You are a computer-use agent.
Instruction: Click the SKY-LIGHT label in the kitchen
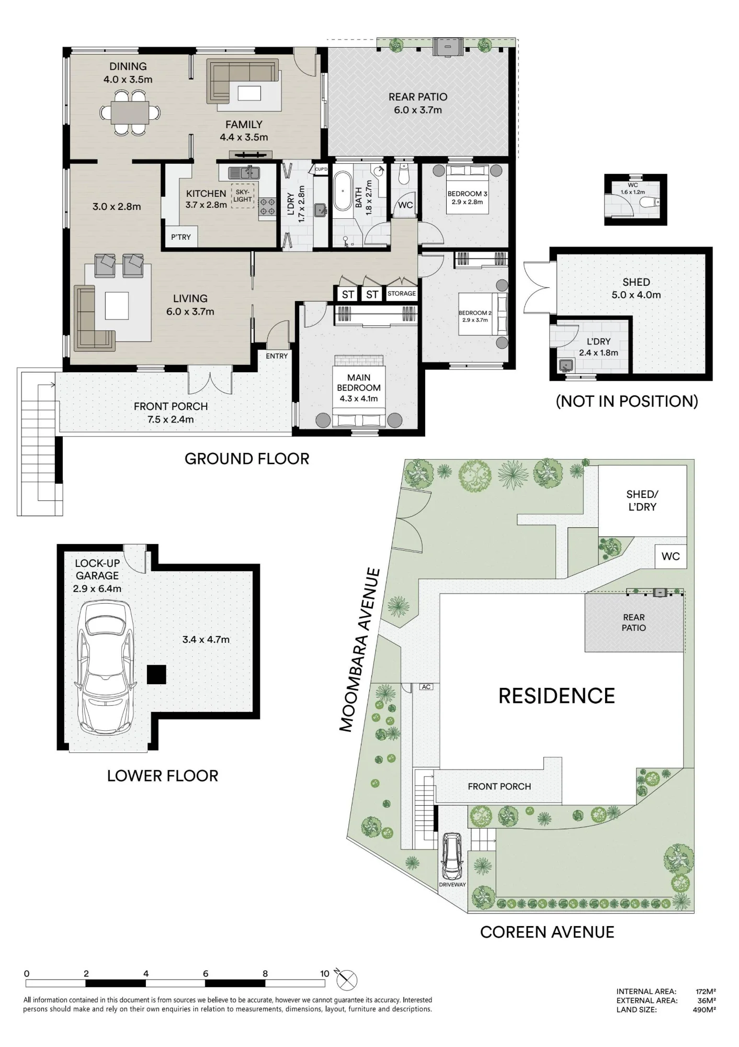[243, 196]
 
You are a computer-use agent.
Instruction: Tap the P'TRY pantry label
[181, 237]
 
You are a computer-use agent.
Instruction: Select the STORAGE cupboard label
[402, 294]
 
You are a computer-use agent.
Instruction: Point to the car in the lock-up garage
[105, 668]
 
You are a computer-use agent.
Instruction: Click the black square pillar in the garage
[156, 674]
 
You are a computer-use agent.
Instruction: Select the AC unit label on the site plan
[426, 686]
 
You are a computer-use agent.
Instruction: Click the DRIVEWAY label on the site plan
[452, 884]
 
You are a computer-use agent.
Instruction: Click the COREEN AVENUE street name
[547, 932]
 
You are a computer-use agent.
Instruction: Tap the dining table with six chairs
[130, 112]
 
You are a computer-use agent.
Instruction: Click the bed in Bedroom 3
[467, 190]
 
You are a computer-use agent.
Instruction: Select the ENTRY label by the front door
[277, 356]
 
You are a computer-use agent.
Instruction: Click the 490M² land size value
[704, 1010]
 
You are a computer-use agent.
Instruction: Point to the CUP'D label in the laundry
[321, 169]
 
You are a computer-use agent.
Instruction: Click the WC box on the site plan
[670, 556]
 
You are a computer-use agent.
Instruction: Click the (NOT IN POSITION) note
[627, 401]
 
